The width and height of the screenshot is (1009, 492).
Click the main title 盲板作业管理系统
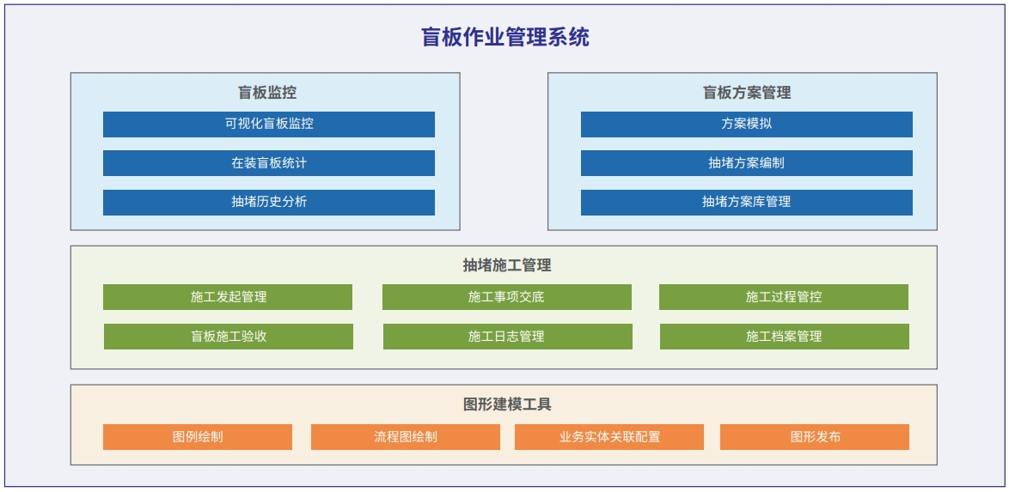[505, 37]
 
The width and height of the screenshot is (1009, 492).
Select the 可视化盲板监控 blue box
[269, 125]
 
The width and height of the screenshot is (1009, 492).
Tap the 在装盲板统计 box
[269, 163]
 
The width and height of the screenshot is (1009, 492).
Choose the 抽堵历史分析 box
[269, 202]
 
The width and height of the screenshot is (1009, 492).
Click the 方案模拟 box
[747, 125]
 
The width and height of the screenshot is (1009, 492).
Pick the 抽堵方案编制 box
[747, 163]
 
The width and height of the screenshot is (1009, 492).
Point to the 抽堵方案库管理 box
[747, 202]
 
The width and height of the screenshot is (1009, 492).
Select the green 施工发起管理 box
[228, 297]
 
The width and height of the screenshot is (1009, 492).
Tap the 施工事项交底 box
[507, 297]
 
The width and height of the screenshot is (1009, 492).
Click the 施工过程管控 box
[784, 297]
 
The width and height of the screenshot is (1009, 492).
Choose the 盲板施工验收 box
[229, 337]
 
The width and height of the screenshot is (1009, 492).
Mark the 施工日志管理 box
[508, 337]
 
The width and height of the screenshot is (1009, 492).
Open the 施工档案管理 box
[785, 337]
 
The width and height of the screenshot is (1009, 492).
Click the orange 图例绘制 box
[198, 437]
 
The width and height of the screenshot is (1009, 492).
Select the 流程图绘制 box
[406, 437]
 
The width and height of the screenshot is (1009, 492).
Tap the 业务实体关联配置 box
[608, 437]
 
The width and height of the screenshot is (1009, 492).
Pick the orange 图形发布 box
[815, 437]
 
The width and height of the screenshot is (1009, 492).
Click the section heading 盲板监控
[267, 93]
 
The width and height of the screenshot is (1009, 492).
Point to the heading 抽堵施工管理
[507, 265]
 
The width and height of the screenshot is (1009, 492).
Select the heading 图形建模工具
[507, 404]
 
